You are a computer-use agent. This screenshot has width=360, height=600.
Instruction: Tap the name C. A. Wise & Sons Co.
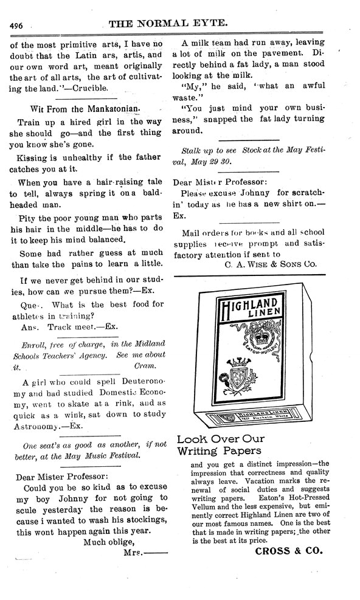pos(271,264)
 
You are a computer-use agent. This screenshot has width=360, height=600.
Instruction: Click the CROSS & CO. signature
pos(288,552)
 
